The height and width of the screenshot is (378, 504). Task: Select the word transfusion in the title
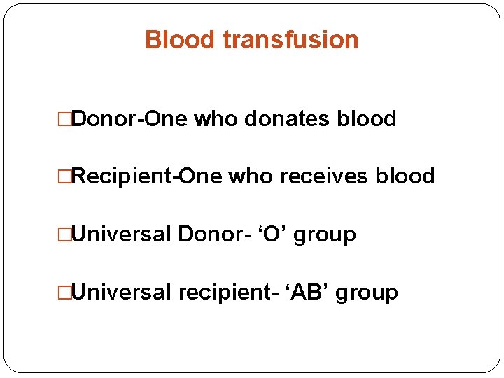(x=290, y=40)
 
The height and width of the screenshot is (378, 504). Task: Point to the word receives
(x=324, y=176)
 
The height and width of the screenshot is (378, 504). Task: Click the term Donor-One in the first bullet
(x=129, y=119)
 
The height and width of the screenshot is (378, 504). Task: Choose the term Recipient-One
(x=146, y=176)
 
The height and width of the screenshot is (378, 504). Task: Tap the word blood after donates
(x=367, y=119)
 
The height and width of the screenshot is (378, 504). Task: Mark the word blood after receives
(x=405, y=176)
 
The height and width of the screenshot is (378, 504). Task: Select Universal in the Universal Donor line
(x=122, y=234)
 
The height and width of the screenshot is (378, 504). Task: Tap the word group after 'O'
(x=325, y=235)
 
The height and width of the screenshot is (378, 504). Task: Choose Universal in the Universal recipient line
(x=122, y=292)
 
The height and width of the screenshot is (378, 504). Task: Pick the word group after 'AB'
(x=367, y=293)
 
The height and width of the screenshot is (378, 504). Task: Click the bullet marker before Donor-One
(x=66, y=120)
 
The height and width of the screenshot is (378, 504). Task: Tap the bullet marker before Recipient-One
(x=66, y=177)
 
